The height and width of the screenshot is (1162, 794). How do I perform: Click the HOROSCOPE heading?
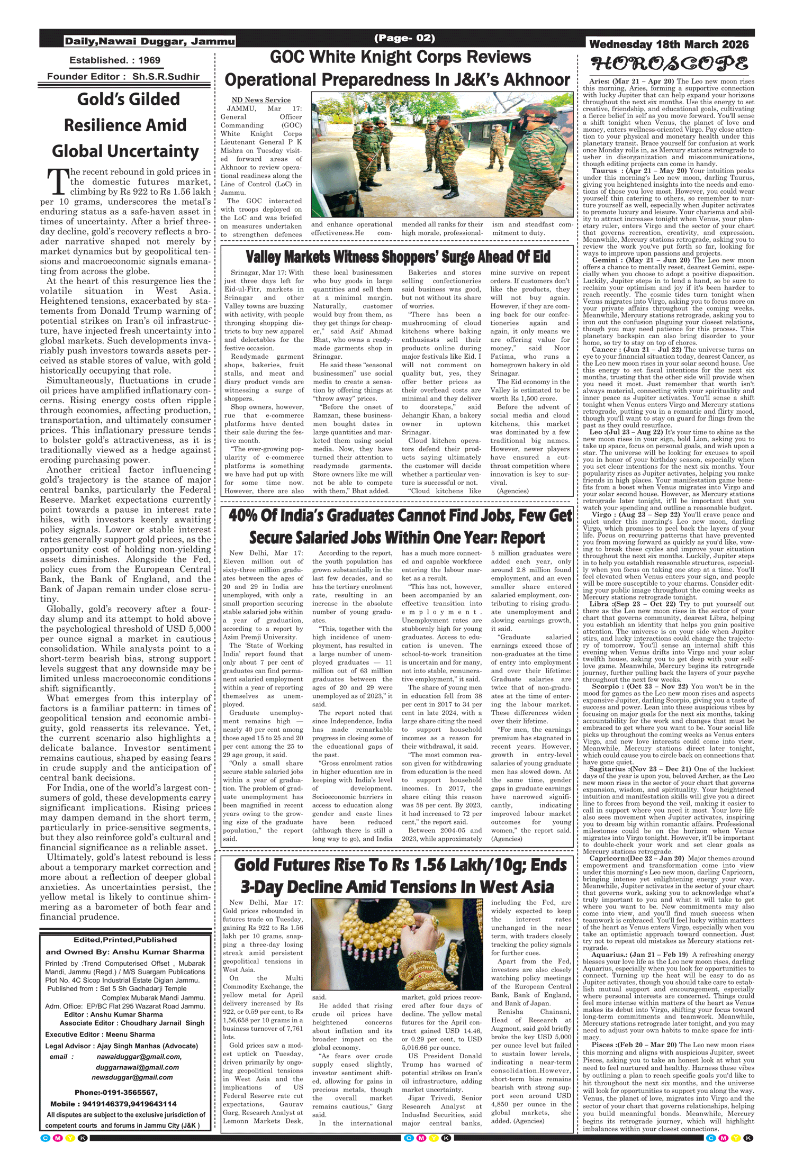point(669,65)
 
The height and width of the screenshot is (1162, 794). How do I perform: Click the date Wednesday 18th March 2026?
point(669,44)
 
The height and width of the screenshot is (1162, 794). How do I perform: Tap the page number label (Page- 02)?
point(404,38)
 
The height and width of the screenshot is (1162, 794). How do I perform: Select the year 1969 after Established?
point(149,60)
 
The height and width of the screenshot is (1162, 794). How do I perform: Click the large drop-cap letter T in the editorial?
point(56,182)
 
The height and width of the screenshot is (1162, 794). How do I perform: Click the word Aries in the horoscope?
point(599,81)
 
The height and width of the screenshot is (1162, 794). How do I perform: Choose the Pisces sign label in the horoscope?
point(602,1045)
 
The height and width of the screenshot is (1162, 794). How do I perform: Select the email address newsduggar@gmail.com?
point(132,1077)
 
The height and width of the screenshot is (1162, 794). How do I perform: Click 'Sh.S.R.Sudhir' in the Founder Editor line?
point(166,77)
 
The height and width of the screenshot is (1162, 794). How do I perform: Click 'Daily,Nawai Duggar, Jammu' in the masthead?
point(149,41)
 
